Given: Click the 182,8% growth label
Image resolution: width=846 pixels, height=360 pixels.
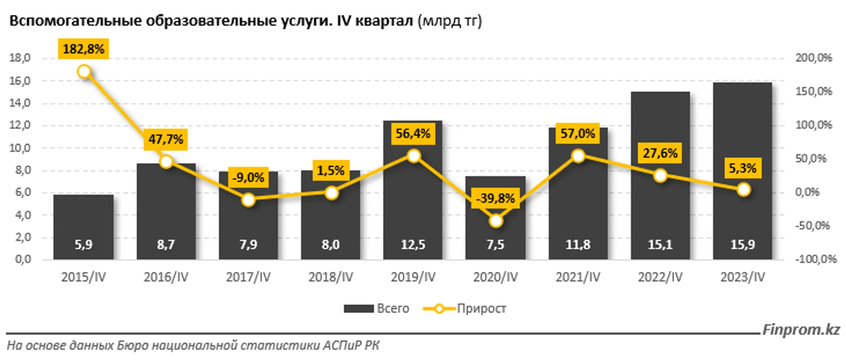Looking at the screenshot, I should pyautogui.click(x=83, y=49).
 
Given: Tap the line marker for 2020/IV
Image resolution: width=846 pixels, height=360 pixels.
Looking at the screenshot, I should pyautogui.click(x=496, y=221).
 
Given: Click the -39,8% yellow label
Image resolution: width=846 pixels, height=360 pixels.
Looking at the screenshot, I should pyautogui.click(x=495, y=198).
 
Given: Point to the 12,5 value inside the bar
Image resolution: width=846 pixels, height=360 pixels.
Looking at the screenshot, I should pyautogui.click(x=413, y=245).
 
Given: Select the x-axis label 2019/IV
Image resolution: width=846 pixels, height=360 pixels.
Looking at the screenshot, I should pyautogui.click(x=413, y=277).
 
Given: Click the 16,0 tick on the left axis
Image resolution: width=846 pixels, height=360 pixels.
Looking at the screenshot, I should pyautogui.click(x=20, y=81).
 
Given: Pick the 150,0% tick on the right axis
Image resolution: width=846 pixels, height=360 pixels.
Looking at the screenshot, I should pyautogui.click(x=813, y=91).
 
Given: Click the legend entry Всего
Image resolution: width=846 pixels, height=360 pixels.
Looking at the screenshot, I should pyautogui.click(x=392, y=309).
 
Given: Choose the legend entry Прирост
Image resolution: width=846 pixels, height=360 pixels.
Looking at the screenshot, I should pyautogui.click(x=481, y=309).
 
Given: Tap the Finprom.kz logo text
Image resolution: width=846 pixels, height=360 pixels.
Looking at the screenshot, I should pyautogui.click(x=801, y=330).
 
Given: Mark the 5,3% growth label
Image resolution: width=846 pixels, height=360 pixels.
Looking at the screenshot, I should pyautogui.click(x=742, y=168).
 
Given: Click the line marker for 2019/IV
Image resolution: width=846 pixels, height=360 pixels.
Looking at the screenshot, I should pyautogui.click(x=414, y=156).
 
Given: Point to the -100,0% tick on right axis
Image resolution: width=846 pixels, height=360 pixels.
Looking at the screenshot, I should pyautogui.click(x=815, y=259).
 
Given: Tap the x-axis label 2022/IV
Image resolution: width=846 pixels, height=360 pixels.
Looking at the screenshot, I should pyautogui.click(x=660, y=277).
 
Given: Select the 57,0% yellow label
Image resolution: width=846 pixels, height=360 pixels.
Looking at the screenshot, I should pyautogui.click(x=578, y=134).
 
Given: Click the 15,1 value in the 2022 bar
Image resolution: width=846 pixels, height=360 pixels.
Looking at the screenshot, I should pyautogui.click(x=660, y=245).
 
